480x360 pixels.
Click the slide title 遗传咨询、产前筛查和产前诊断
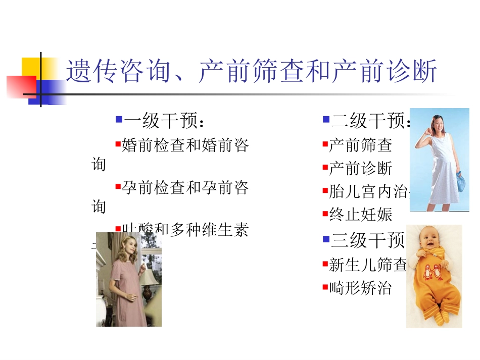click(x=251, y=72)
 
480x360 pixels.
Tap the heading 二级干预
click(x=369, y=121)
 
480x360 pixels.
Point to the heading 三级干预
click(x=367, y=240)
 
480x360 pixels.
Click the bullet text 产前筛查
click(x=360, y=145)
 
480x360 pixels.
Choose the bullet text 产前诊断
click(x=360, y=169)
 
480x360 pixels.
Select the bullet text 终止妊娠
click(x=360, y=215)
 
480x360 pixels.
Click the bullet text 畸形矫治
click(x=360, y=288)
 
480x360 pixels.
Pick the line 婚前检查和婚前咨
click(x=185, y=146)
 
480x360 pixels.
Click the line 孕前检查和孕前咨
click(x=185, y=188)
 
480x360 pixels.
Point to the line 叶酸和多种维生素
click(x=185, y=230)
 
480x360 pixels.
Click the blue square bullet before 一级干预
click(x=119, y=120)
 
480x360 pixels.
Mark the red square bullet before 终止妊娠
click(x=325, y=214)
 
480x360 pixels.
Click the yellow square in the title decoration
click(x=31, y=67)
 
